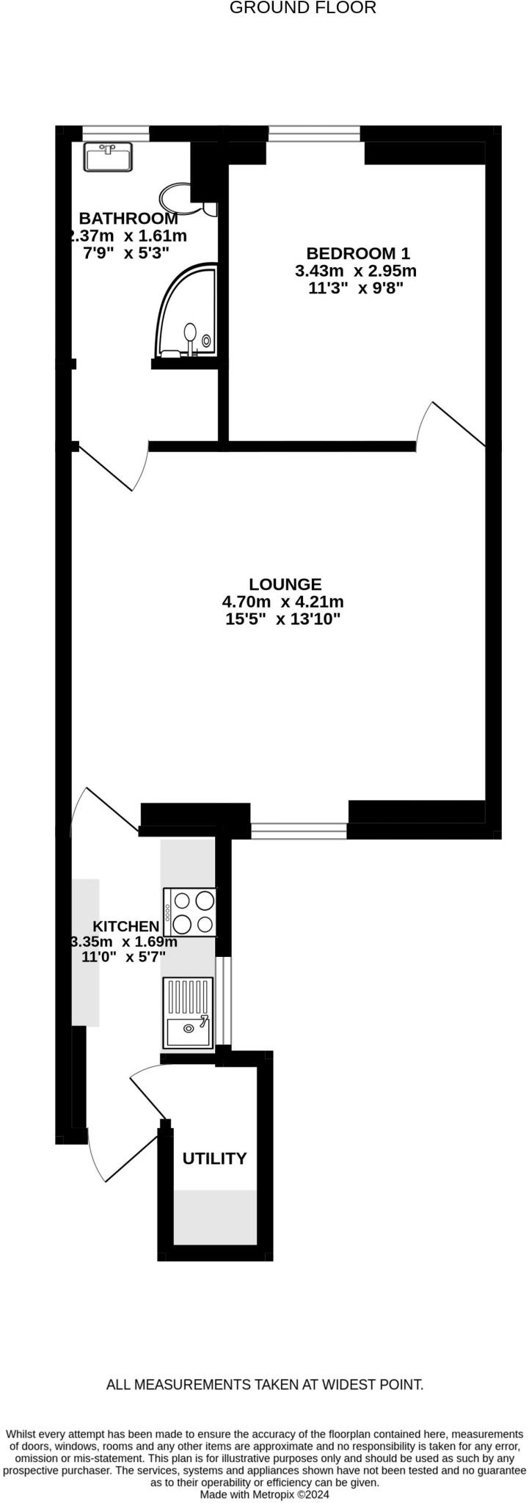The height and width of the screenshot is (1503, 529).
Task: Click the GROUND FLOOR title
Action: (302, 8)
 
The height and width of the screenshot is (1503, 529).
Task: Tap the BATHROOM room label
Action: (128, 219)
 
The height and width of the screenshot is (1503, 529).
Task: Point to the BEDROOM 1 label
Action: (357, 254)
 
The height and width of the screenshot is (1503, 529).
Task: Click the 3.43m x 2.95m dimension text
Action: (356, 271)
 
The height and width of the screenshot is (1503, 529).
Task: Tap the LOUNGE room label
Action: (285, 585)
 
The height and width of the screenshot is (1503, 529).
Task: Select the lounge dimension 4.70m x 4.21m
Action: (283, 603)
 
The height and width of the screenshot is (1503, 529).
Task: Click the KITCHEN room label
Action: (125, 927)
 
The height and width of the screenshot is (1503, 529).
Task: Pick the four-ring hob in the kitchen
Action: (191, 911)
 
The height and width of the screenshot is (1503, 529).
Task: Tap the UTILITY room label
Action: (214, 1159)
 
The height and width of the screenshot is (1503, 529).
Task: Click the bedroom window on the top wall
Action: (314, 133)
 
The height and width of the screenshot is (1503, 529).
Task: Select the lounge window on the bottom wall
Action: (299, 831)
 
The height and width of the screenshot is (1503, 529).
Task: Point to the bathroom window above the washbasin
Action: (115, 133)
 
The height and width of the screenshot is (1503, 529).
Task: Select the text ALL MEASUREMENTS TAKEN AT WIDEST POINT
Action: (265, 1386)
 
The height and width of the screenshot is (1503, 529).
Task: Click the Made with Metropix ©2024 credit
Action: (265, 1494)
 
